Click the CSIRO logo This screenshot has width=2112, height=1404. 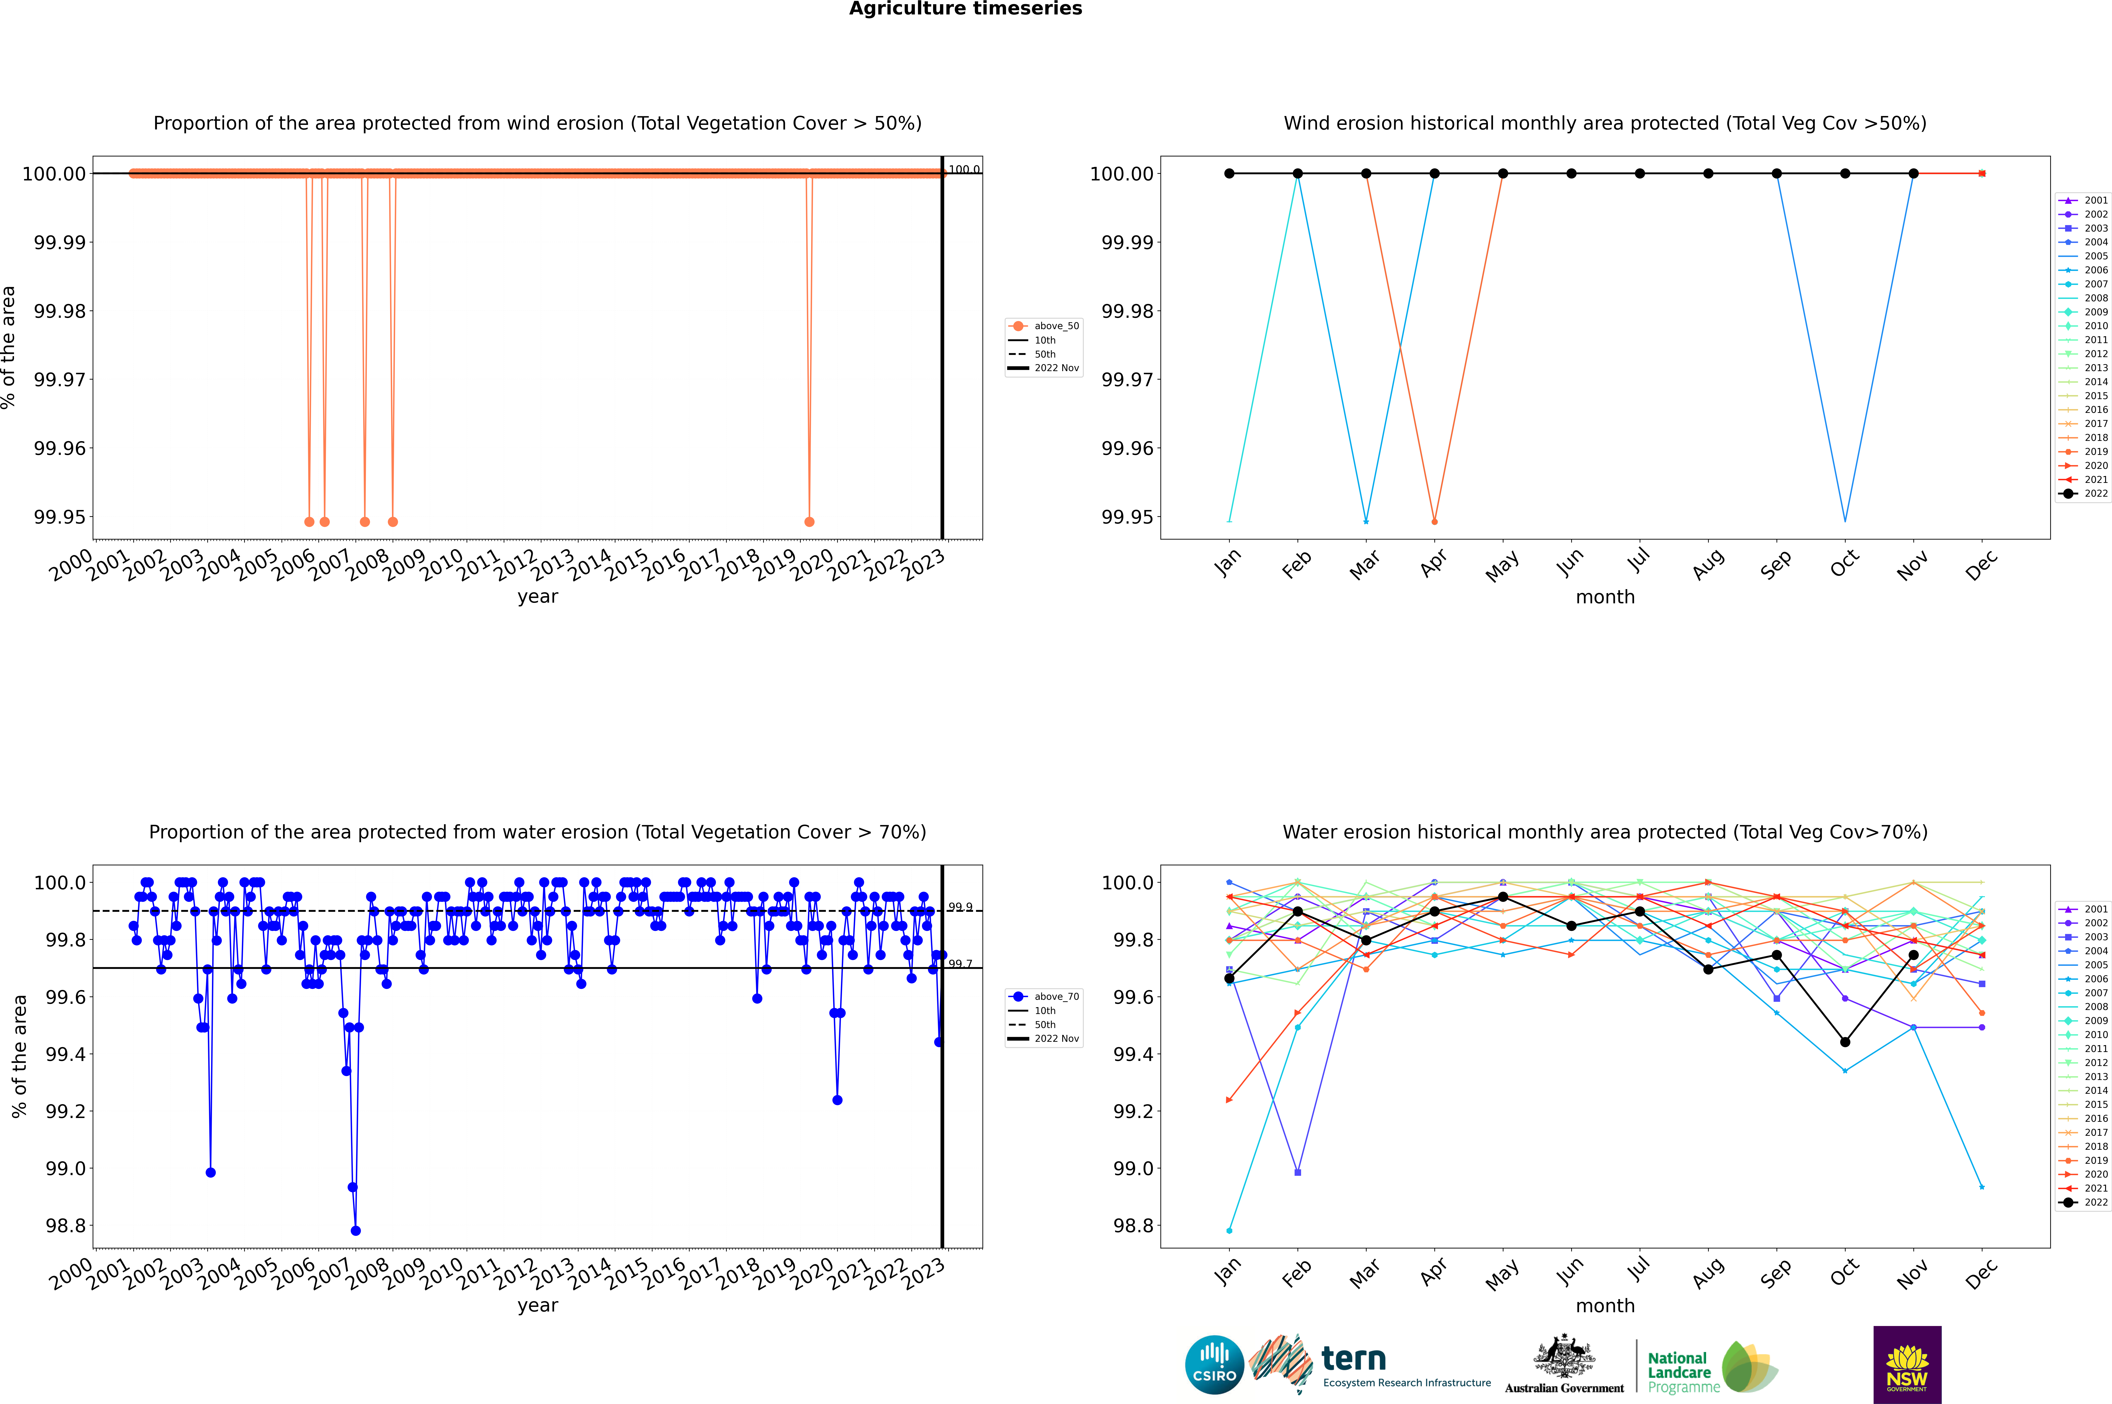[x=1214, y=1365]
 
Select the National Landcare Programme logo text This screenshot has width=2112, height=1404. [x=1680, y=1372]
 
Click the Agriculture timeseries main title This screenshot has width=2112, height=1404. [x=965, y=9]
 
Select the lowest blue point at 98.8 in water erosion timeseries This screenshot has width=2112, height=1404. [x=355, y=1230]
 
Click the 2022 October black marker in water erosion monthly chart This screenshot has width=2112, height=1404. [x=1845, y=1042]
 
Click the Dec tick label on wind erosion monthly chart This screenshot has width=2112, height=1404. [x=1981, y=565]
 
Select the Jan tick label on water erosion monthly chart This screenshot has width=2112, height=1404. [x=1228, y=1272]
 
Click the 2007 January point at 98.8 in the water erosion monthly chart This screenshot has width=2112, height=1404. [x=1229, y=1230]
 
